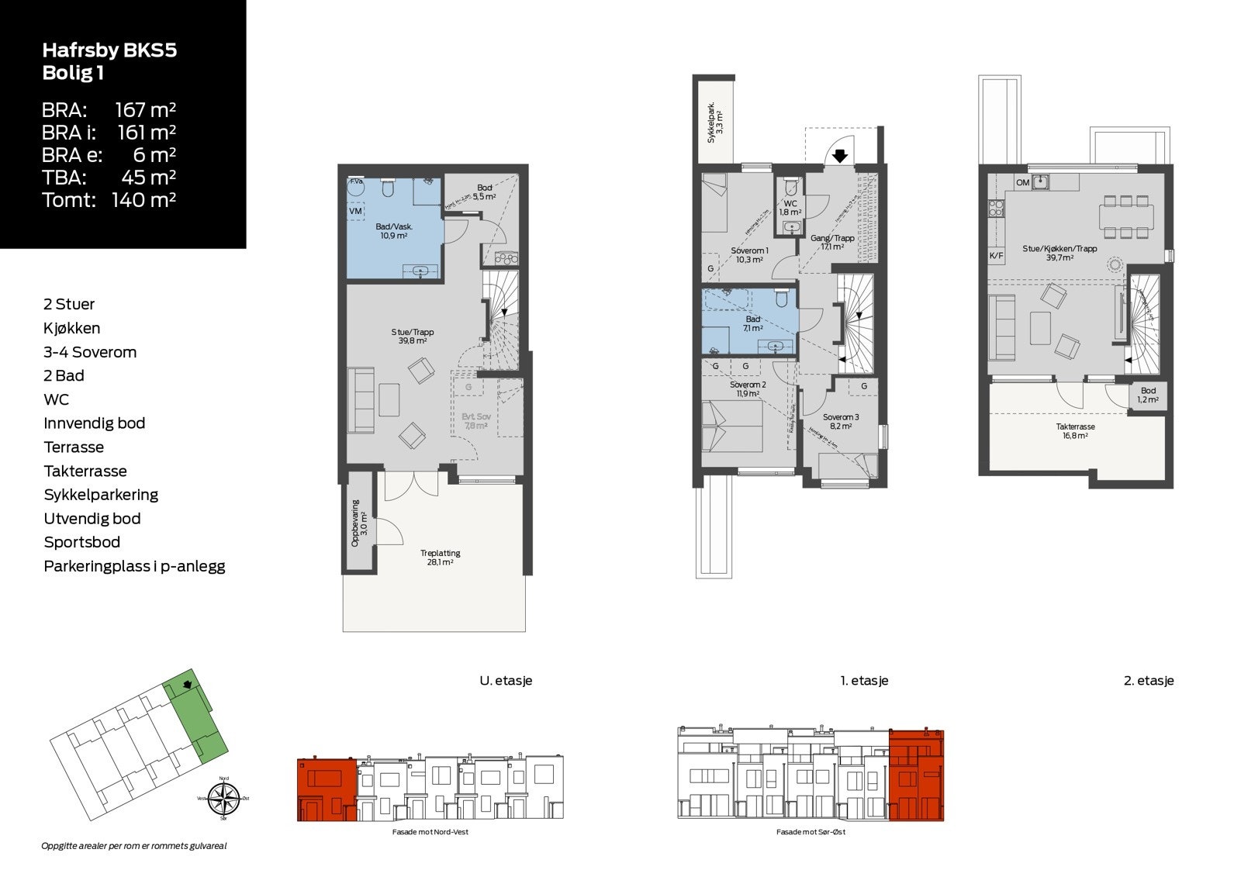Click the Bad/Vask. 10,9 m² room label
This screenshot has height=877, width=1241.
[394, 231]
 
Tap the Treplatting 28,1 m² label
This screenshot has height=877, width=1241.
[440, 558]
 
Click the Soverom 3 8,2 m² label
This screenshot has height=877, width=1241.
[841, 421]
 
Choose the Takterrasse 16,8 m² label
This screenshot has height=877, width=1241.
[1075, 431]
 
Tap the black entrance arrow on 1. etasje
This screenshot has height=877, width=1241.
[839, 156]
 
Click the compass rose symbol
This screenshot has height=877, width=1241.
[223, 799]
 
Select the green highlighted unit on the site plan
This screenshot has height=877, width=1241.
[198, 713]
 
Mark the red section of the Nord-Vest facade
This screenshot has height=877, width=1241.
[327, 789]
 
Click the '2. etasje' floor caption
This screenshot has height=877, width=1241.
[1149, 681]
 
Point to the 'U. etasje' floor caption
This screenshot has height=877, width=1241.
[506, 681]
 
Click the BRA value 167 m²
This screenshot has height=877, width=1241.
[146, 110]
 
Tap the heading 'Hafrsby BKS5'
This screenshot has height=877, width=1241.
[109, 51]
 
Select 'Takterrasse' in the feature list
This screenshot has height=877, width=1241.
[85, 471]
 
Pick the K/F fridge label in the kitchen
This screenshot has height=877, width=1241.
[996, 255]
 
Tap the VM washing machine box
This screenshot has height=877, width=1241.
[356, 211]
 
